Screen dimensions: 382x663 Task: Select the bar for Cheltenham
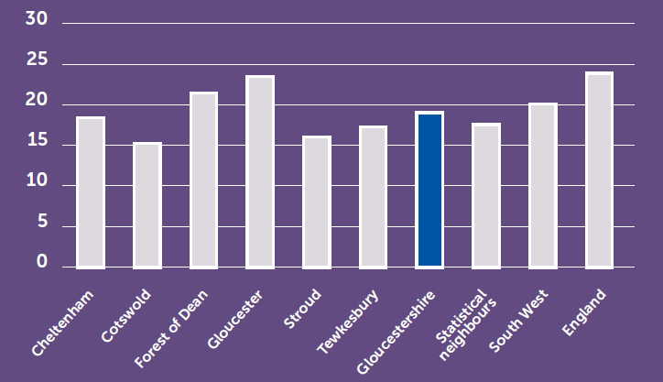[91, 192]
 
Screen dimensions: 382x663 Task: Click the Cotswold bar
[147, 205]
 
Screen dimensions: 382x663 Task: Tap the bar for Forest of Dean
[203, 180]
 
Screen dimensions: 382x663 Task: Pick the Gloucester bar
[260, 171]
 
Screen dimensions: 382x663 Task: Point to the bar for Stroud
[317, 202]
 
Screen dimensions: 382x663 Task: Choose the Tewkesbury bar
[373, 197]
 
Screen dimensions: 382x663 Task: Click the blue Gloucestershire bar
[429, 190]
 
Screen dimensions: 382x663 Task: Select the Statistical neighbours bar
[486, 195]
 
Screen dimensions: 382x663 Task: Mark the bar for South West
[542, 185]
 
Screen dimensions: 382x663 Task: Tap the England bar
[599, 170]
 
